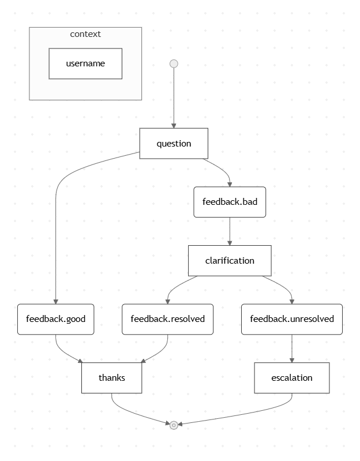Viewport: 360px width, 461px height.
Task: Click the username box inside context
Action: [x=85, y=63]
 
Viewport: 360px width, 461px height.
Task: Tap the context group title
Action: [x=85, y=34]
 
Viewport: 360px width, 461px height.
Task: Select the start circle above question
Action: [x=174, y=63]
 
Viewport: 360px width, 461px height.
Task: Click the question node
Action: [x=174, y=143]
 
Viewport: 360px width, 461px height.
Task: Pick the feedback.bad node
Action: [x=230, y=202]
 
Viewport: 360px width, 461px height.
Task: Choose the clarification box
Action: [x=230, y=260]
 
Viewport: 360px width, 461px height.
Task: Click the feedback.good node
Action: [x=55, y=318]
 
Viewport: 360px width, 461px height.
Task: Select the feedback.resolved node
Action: [x=167, y=318]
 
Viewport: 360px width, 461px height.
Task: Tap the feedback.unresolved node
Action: [x=291, y=318]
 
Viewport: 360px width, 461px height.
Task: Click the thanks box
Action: [x=111, y=378]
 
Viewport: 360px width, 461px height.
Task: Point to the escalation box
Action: [x=291, y=378]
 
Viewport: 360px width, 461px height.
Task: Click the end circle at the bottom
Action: [x=174, y=425]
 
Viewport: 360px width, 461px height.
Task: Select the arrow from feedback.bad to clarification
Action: [x=230, y=231]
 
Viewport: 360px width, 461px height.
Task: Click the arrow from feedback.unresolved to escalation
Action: [x=291, y=348]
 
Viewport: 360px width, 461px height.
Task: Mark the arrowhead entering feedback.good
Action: [x=55, y=301]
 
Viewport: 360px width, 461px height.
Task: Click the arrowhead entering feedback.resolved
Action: [x=167, y=301]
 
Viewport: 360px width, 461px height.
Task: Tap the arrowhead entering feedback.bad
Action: [x=230, y=183]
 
